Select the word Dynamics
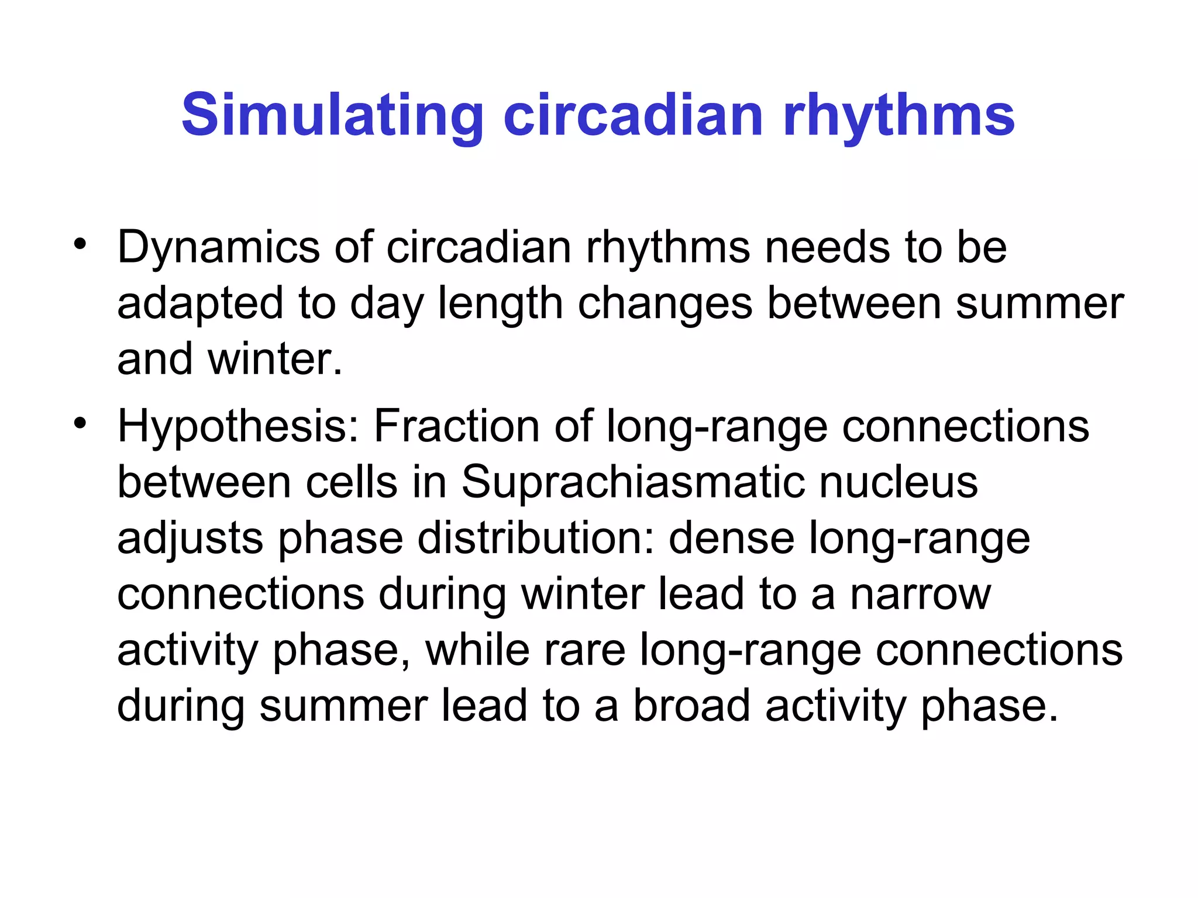[x=218, y=247]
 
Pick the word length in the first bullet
[x=500, y=303]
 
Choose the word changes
[x=665, y=303]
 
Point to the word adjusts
[x=190, y=538]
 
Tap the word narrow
[x=920, y=594]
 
